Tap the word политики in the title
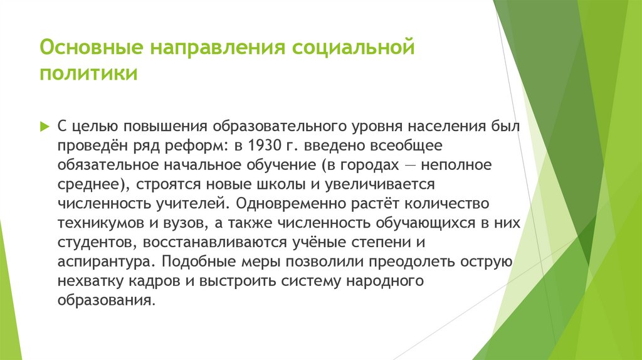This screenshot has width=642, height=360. [x=89, y=75]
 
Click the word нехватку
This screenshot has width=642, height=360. [x=88, y=282]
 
